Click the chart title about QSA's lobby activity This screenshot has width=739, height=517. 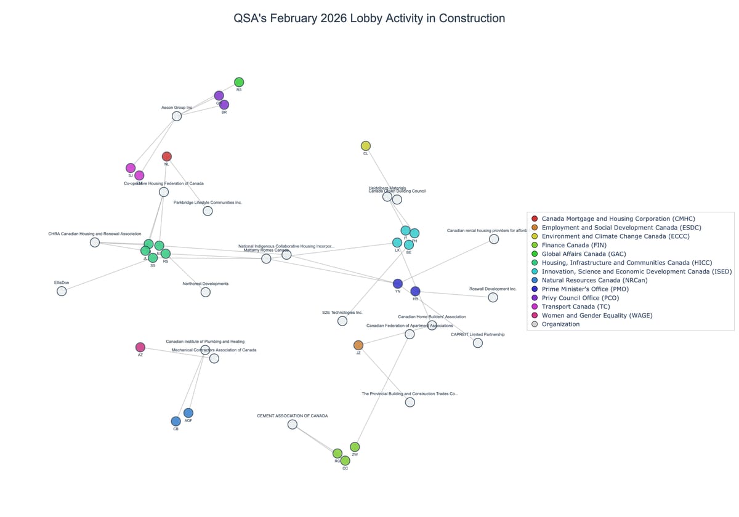[x=369, y=18]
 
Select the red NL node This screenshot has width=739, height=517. [x=166, y=156]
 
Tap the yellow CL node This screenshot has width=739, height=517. [x=365, y=146]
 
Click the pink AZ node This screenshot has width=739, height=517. [x=140, y=347]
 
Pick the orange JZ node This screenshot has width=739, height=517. [x=358, y=345]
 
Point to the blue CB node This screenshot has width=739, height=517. [x=176, y=421]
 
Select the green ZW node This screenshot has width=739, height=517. [x=355, y=447]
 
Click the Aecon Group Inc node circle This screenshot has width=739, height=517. [x=177, y=116]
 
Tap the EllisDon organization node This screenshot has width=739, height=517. [x=62, y=291]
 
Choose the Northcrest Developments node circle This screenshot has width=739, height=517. [x=206, y=292]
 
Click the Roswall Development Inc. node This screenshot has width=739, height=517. [x=493, y=297]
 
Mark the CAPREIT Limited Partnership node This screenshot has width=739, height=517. [x=477, y=343]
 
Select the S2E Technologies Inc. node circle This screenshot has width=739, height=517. [x=342, y=321]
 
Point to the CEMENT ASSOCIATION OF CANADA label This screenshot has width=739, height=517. [x=292, y=416]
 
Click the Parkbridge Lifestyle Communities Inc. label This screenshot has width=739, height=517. [x=208, y=202]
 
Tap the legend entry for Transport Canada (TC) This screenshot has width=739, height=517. [x=567, y=307]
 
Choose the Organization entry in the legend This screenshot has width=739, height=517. [x=560, y=324]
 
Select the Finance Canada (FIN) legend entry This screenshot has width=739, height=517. [x=570, y=245]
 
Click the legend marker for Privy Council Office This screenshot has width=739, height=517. [x=534, y=298]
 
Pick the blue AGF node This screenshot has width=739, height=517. [x=188, y=412]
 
